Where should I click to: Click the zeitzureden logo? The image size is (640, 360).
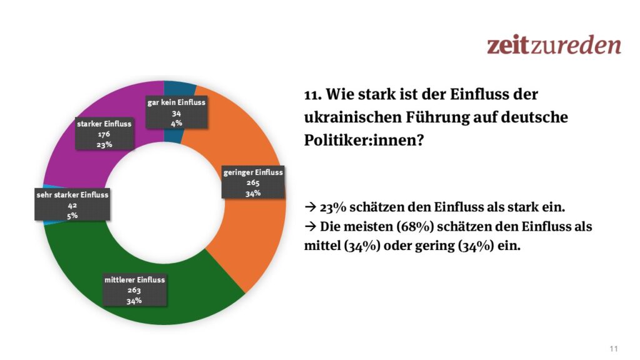tap(554, 45)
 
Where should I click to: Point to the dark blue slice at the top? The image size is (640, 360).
tap(172, 91)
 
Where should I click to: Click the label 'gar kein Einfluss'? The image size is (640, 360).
tap(176, 102)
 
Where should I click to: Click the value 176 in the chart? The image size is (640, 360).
tap(104, 134)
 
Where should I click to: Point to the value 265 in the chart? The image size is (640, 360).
tap(253, 183)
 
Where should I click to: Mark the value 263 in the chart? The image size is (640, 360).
tap(135, 291)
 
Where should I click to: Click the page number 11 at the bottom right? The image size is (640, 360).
tap(614, 348)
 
